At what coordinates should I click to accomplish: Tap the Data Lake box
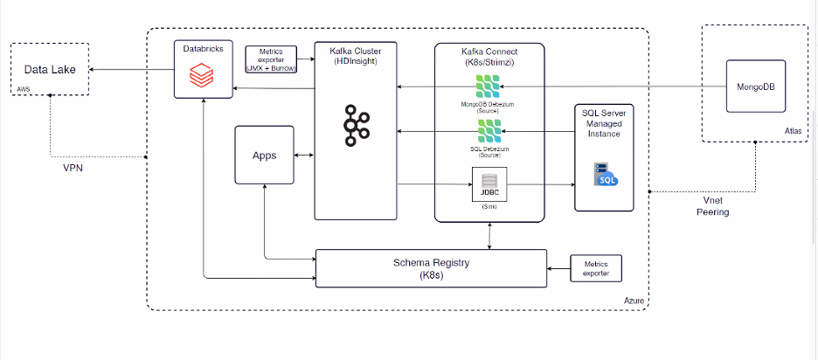tap(50, 69)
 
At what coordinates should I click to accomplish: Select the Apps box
tap(264, 156)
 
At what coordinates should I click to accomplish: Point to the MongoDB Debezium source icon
tap(489, 87)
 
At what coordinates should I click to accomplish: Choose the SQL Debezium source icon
tap(489, 132)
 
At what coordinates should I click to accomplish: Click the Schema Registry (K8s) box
tap(430, 267)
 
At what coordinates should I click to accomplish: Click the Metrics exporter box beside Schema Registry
tap(595, 268)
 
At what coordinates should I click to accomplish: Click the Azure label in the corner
tap(634, 301)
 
